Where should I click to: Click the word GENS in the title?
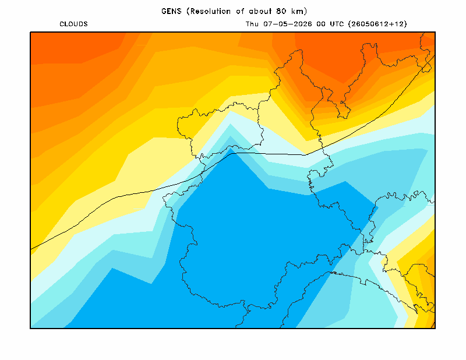(171, 11)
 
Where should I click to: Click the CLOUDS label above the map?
(73, 24)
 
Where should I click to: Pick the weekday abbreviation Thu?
(252, 24)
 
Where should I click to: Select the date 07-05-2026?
(287, 24)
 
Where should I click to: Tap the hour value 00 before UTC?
(321, 24)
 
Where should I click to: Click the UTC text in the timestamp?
(337, 24)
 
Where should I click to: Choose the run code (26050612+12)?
(377, 24)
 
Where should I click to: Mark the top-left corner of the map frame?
(30, 32)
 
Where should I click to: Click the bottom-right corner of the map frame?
(435, 328)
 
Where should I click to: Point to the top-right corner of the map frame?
(435, 32)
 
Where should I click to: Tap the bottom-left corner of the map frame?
(30, 328)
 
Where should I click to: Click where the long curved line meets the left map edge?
(31, 249)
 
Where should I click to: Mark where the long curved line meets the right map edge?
(435, 55)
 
